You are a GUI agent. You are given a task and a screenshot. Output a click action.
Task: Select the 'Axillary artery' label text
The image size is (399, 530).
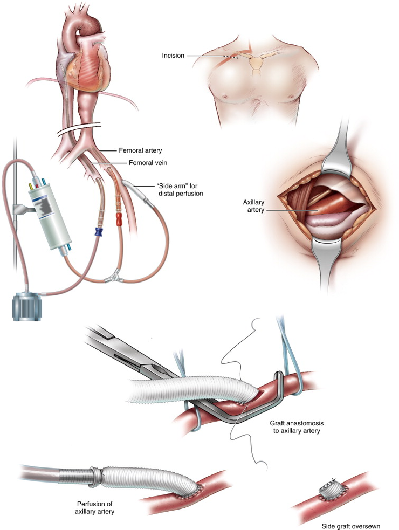tap(253, 207)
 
